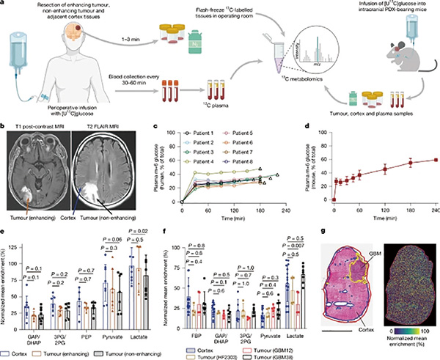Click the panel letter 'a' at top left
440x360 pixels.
point(4,4)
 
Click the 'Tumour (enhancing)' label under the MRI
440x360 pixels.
point(34,216)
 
